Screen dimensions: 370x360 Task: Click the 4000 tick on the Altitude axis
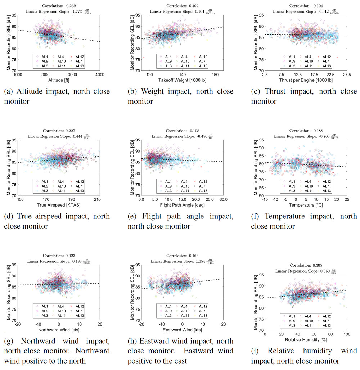point(100,75)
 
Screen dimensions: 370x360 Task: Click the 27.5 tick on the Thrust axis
point(346,75)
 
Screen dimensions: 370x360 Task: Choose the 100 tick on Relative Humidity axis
point(347,334)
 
